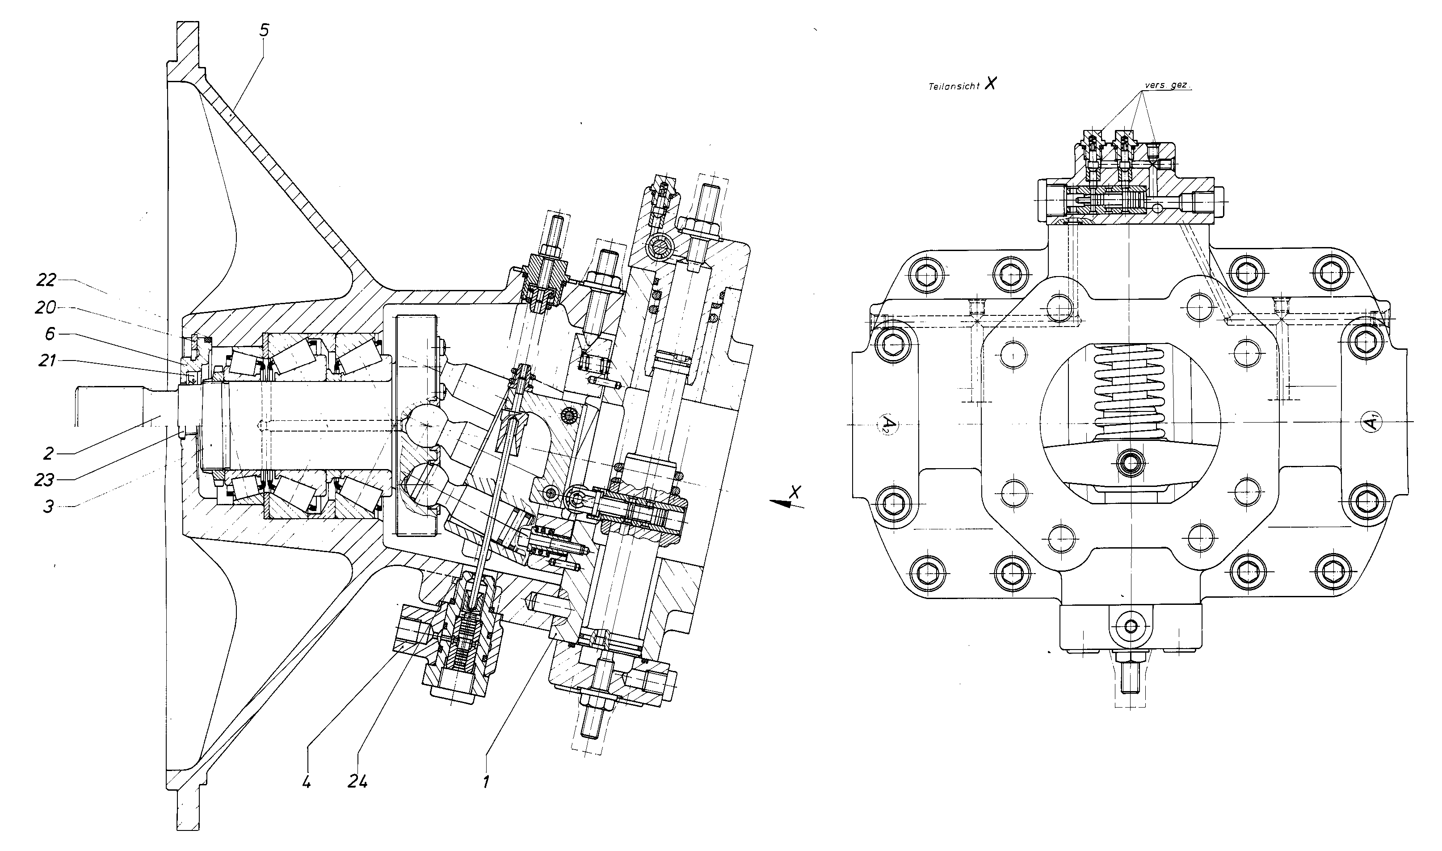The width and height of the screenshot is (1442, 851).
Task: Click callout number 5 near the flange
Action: pos(263,30)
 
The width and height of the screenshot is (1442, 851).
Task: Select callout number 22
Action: pos(46,279)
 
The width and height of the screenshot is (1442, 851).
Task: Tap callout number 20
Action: pos(46,308)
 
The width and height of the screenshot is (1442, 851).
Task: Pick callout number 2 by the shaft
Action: pos(48,453)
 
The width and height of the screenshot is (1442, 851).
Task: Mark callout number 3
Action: pos(48,507)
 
